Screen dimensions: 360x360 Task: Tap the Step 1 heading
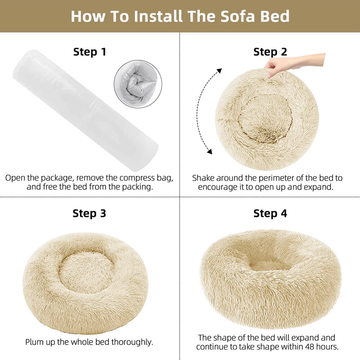pos(90,52)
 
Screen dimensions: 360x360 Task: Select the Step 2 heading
pos(270,52)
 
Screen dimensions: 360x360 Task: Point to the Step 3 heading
pos(90,213)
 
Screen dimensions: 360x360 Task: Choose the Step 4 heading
pos(270,213)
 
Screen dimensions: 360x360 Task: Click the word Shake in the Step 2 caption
pos(204,178)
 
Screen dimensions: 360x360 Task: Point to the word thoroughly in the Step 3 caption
pos(131,342)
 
